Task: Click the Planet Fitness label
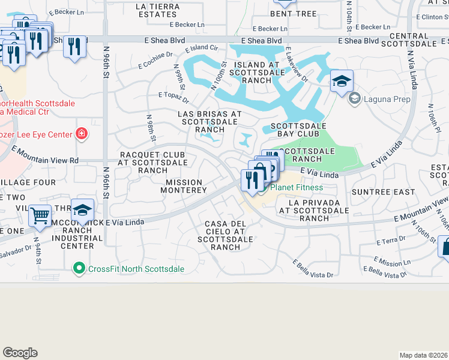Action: click(x=297, y=187)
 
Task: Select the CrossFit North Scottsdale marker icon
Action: click(x=78, y=268)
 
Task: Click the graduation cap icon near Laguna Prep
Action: click(x=342, y=81)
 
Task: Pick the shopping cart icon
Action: click(x=40, y=214)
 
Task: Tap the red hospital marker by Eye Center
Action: click(x=82, y=134)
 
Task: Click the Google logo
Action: click(x=20, y=353)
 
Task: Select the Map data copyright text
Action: click(x=423, y=355)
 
